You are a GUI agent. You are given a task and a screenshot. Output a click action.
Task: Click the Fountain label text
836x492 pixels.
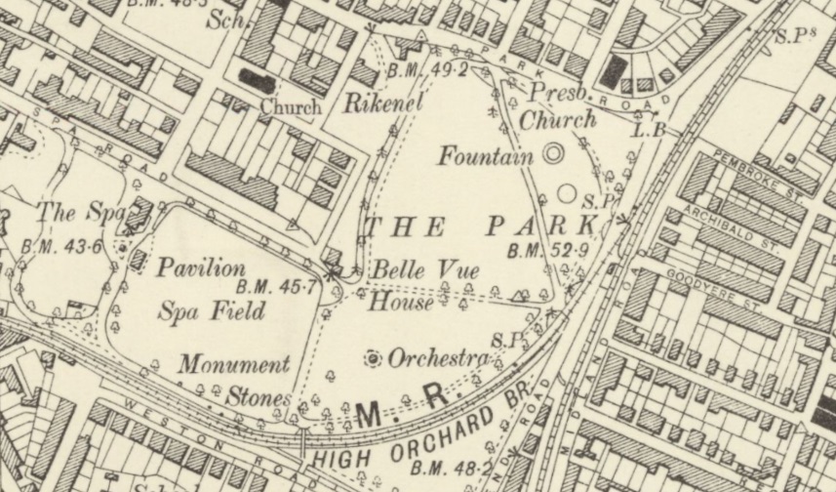[485, 156]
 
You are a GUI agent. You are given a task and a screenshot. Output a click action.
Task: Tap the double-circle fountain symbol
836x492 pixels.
[553, 153]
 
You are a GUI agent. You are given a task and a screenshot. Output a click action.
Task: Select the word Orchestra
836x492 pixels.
[438, 359]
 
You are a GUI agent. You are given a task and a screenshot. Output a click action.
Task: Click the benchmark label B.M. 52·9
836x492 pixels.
[547, 252]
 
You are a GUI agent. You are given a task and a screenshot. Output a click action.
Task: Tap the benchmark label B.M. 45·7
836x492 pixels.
[276, 287]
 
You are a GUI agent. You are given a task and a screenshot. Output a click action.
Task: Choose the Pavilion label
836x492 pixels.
[202, 266]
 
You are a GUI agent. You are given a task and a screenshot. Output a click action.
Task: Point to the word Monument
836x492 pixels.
[234, 365]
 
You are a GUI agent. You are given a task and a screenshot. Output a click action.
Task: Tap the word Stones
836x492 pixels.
[259, 398]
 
